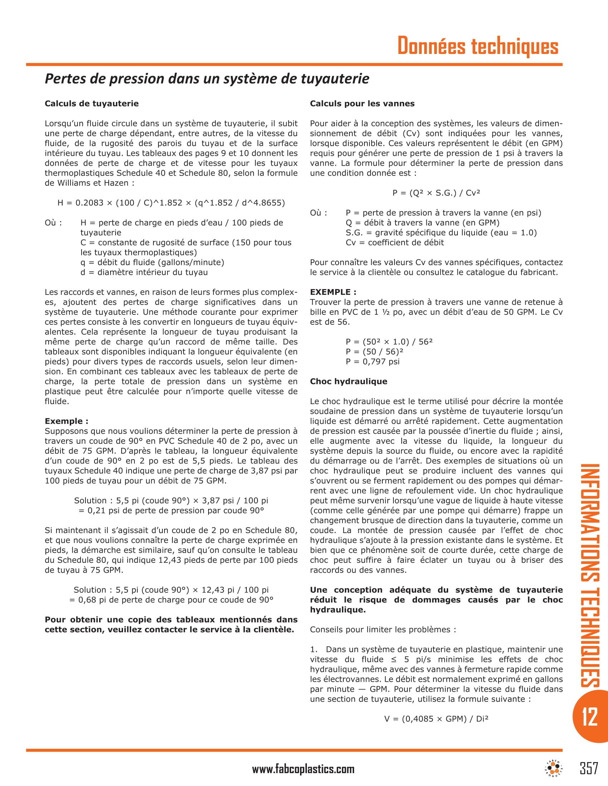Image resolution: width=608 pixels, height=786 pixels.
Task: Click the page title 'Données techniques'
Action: coord(477,46)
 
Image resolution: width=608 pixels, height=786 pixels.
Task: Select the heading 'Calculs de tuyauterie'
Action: coord(92,104)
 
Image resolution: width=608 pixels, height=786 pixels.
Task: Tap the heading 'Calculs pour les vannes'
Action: coord(362,104)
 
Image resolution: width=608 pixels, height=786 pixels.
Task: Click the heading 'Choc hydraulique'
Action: coord(348,382)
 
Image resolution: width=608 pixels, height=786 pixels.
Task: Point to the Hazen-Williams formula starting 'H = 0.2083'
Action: coord(171,203)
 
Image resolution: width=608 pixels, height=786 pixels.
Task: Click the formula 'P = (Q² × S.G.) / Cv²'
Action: coord(436,193)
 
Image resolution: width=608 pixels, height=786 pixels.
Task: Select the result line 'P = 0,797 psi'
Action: coord(372,362)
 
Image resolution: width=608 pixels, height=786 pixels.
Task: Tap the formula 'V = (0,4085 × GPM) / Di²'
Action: coord(436,719)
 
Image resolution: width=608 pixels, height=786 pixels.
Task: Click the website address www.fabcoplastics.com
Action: coord(303,769)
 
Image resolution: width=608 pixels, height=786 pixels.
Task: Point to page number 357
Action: coord(589,768)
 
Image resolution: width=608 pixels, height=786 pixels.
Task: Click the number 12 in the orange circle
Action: coord(590,716)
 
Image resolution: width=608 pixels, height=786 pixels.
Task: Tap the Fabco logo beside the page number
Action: coord(554,768)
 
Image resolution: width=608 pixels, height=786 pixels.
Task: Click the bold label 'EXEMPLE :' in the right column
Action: coord(333,292)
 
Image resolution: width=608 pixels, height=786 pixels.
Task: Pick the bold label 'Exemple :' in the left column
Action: coord(66,421)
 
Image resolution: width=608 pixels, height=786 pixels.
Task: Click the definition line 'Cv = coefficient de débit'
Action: coord(394,243)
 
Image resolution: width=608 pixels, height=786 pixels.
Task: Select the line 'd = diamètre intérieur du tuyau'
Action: coord(144,273)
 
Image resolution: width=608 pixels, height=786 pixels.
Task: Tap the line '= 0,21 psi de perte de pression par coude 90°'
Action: coord(171,511)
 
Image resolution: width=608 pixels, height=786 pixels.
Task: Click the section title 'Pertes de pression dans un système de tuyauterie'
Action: coord(207,79)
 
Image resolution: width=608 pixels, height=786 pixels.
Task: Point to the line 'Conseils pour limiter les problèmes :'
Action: coord(383,630)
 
